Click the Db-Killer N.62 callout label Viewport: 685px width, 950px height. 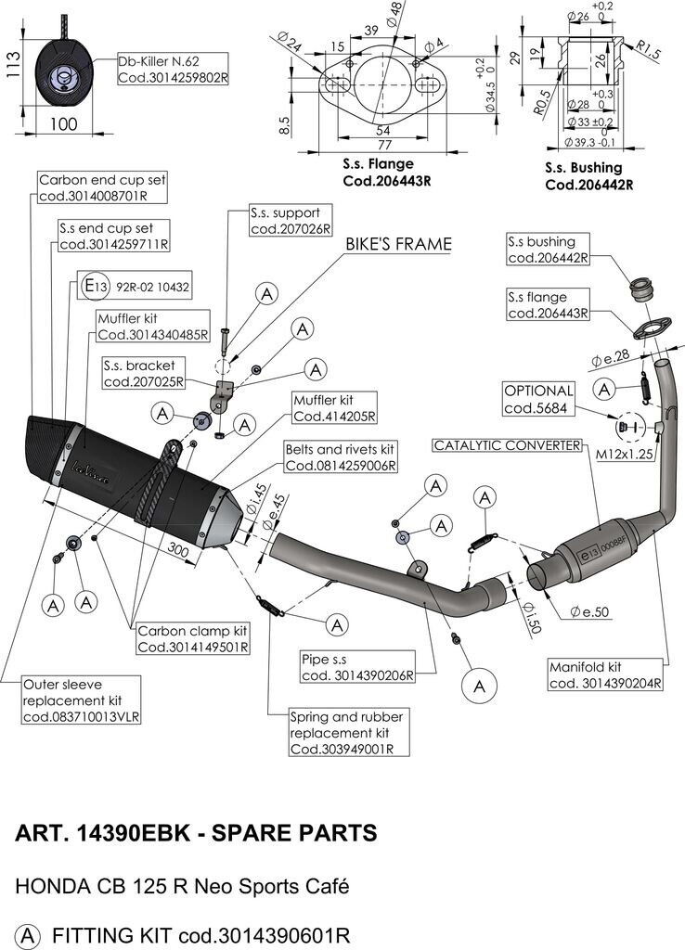[173, 70]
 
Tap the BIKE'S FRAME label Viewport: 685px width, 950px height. [399, 245]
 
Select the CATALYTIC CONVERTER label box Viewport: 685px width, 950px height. [508, 445]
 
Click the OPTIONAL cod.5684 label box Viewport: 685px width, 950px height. [539, 399]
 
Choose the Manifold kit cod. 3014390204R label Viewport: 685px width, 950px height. [604, 674]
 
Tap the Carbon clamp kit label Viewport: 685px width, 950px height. [193, 638]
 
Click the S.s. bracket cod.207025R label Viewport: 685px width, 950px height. [143, 373]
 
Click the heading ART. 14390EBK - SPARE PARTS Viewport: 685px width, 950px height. [197, 832]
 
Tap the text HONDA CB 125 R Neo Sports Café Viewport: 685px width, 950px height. [182, 886]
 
